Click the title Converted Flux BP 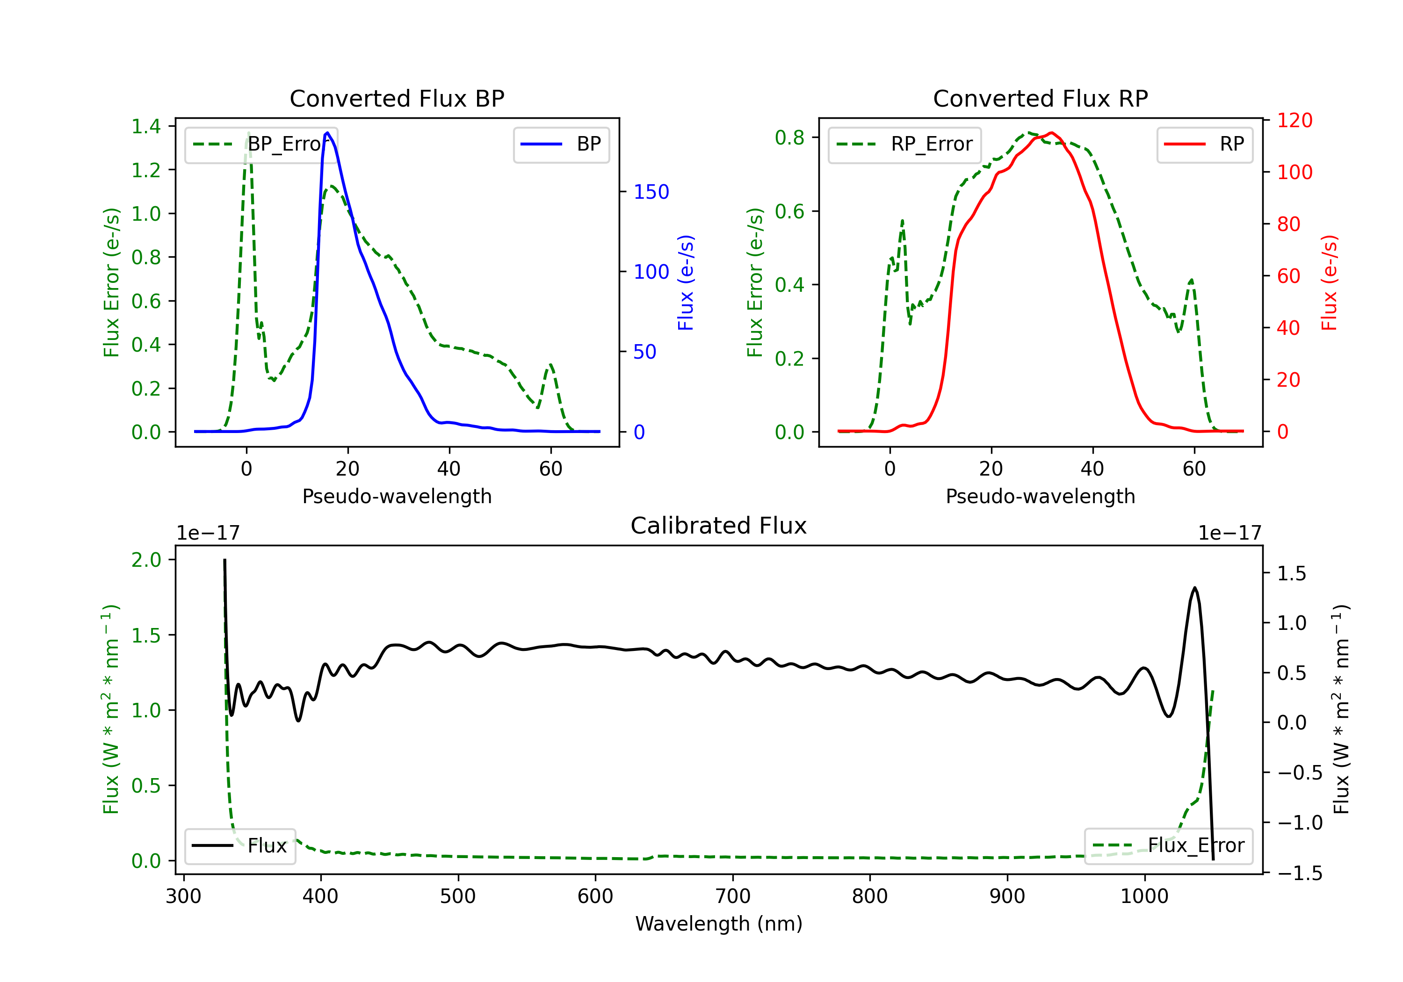point(397,98)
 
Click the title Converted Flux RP point(1041,98)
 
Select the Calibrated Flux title point(719,526)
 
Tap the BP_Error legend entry point(261,144)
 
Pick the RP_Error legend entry point(904,144)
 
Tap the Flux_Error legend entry point(1168,846)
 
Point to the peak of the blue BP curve point(327,133)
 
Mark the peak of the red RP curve point(1051,133)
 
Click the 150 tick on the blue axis point(651,192)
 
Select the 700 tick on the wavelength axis point(733,896)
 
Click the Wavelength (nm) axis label point(719,924)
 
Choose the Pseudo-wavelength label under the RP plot point(1041,496)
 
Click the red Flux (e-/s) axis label point(1330,283)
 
